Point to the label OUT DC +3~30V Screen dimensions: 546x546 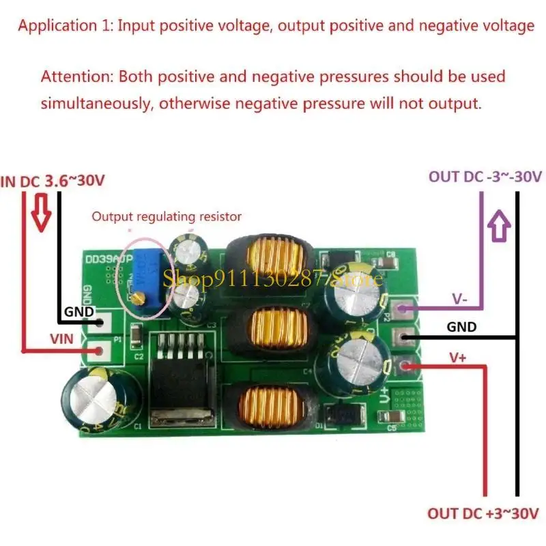click(483, 513)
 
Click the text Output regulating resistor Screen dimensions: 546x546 click(167, 216)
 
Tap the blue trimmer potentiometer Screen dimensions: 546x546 click(145, 270)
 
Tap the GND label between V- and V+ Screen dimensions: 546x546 click(461, 327)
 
